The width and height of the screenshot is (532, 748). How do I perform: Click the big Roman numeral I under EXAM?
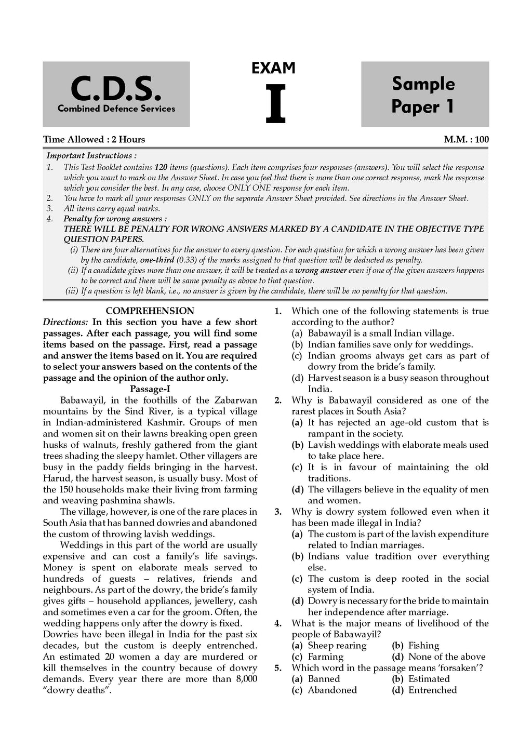(275, 104)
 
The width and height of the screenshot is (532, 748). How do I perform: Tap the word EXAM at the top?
(273, 68)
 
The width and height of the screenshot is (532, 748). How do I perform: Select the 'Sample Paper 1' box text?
(423, 95)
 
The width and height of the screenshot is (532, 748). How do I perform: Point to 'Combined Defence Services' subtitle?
(116, 109)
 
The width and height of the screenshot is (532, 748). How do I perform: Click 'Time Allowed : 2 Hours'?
(94, 139)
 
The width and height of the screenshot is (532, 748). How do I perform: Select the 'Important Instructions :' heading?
(92, 156)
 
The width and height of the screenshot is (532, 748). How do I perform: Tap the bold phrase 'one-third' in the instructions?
(158, 260)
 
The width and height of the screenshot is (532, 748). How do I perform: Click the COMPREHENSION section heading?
(150, 311)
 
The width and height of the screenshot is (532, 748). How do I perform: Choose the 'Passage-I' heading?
(150, 389)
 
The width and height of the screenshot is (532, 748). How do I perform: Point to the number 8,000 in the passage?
(243, 679)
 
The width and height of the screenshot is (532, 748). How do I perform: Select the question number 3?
(278, 512)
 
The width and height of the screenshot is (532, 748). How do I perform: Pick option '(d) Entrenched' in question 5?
(425, 690)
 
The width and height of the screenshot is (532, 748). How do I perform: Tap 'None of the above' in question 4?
(447, 657)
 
